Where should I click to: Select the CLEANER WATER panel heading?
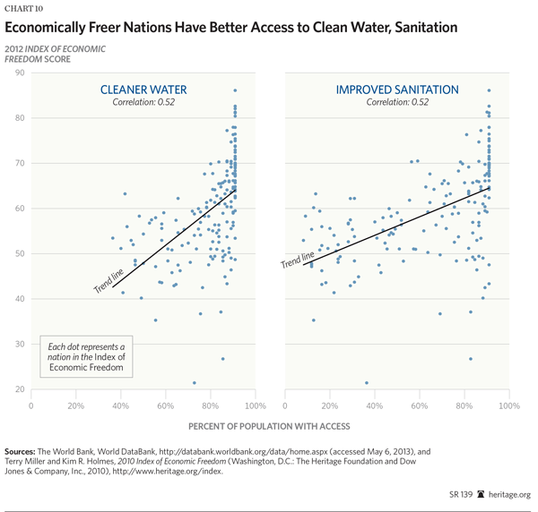click(x=143, y=90)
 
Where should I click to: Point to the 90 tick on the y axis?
click(x=19, y=73)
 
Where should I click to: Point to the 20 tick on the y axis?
click(x=19, y=389)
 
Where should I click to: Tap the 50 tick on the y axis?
click(x=19, y=253)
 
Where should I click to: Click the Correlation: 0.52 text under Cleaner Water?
click(x=143, y=103)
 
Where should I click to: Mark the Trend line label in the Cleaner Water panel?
click(x=109, y=281)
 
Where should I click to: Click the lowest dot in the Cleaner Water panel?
click(x=194, y=383)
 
